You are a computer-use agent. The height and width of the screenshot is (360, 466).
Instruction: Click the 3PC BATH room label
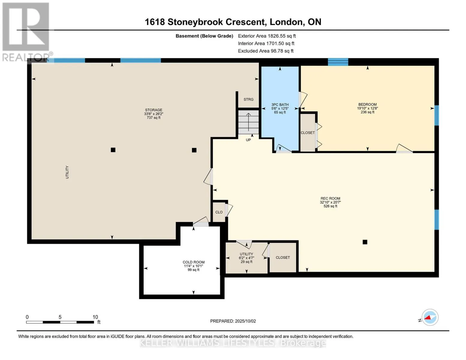coord(280,105)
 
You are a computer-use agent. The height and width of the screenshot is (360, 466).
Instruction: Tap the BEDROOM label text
coord(367,104)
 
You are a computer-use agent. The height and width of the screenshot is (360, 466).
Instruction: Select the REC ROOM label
coord(330,198)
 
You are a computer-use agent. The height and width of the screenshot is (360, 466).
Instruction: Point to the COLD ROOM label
coord(194,262)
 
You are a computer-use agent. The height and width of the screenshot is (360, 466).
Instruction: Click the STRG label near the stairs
coord(248,99)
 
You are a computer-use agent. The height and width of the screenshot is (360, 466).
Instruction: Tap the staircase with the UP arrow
coord(248,122)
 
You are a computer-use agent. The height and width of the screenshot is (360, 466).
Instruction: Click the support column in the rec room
coord(365,242)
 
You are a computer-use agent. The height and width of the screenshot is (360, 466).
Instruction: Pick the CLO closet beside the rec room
coord(219,212)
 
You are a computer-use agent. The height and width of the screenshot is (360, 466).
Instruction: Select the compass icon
coord(430,317)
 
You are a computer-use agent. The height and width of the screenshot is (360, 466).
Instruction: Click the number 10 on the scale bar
coord(95,317)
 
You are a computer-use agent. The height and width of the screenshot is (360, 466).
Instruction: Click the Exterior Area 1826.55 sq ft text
coord(267,36)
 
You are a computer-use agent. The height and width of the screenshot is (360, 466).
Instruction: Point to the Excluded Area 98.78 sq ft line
coord(266,51)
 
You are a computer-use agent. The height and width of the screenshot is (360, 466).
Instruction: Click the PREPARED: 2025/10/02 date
coord(233,321)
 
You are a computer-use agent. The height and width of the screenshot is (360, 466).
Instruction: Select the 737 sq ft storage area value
coord(154,118)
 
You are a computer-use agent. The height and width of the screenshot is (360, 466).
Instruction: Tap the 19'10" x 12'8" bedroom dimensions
coord(367,108)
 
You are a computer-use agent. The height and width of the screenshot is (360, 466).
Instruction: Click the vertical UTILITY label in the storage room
coord(67,172)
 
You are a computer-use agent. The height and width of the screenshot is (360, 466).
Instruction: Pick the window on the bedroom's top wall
coord(338,62)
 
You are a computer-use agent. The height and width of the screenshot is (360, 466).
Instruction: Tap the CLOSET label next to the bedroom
coord(308,133)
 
